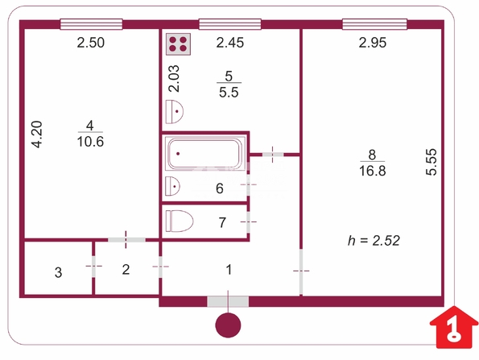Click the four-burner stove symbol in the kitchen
pos(178,44)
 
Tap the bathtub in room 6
pos(205,153)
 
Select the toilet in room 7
pos(180,221)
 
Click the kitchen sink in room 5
pos(174,112)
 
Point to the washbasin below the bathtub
pos(172,186)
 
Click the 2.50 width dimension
pos(91,43)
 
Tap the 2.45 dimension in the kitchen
pos(230,43)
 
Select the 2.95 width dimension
pos(373,43)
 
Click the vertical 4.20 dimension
pos(37,134)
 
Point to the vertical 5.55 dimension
pos(432,162)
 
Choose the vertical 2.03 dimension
pos(174,79)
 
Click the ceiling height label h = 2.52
pos(374,241)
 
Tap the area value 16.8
pos(373,171)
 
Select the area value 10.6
pos(90,142)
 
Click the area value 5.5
pos(229,92)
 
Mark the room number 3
pos(58,272)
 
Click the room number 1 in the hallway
pos(229,270)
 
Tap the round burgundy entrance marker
pos(228,325)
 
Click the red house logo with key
pos(454,327)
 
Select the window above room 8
pos(374,24)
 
